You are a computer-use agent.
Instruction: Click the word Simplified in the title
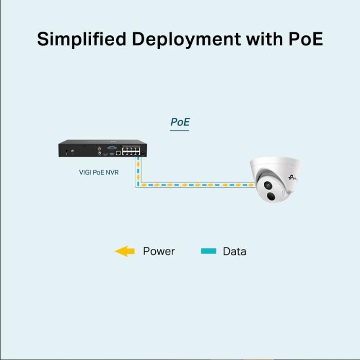click(x=81, y=39)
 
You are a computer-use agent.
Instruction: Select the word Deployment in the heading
click(x=186, y=39)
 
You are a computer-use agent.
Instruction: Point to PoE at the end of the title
click(x=305, y=39)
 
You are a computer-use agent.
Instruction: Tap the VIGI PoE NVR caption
click(x=99, y=172)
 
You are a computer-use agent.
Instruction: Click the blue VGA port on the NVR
click(x=112, y=148)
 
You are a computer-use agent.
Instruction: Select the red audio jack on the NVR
click(x=99, y=149)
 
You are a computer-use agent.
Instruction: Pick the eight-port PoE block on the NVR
click(x=131, y=151)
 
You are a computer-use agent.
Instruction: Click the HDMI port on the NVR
click(x=105, y=154)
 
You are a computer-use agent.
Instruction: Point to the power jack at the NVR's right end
click(x=143, y=153)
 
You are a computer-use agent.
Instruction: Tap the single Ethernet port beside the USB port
click(x=118, y=153)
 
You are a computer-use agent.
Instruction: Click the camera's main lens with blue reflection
click(x=268, y=185)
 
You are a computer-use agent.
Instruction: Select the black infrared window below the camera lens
click(x=271, y=196)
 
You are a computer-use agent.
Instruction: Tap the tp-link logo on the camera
click(x=293, y=178)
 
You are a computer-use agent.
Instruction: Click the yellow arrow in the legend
click(x=124, y=251)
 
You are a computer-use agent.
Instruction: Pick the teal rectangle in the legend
click(x=208, y=251)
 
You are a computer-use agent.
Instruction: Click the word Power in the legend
click(x=159, y=251)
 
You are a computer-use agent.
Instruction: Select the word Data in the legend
click(x=235, y=251)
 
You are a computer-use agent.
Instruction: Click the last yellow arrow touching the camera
click(x=251, y=185)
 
